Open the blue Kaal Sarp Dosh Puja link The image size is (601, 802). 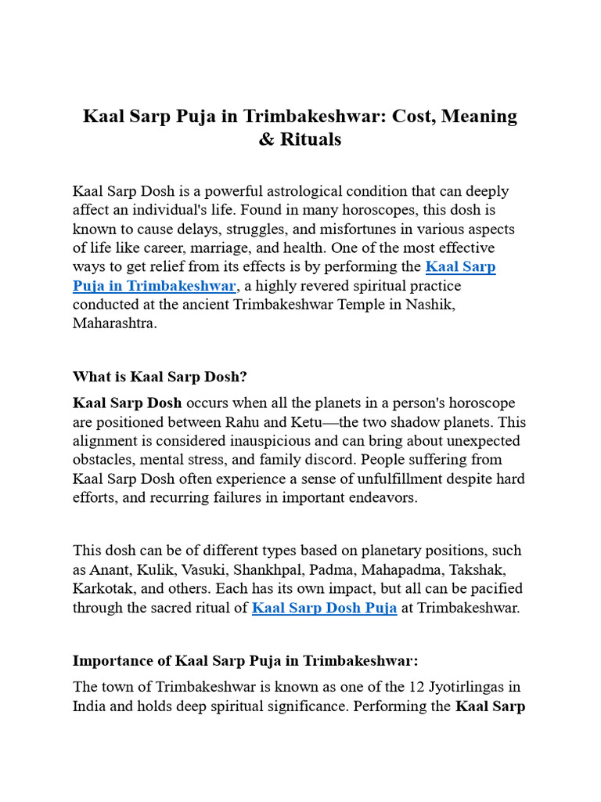[324, 608]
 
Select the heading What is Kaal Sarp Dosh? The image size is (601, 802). [160, 377]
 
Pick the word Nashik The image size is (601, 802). [430, 305]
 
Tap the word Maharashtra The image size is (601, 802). [114, 323]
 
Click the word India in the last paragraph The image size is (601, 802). [91, 706]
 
